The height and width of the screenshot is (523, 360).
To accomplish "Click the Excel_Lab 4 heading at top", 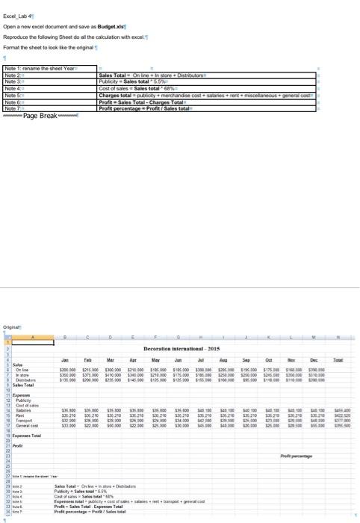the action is [17, 14].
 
